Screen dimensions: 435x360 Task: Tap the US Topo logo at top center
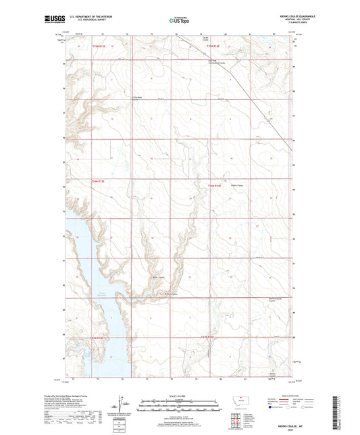pyautogui.click(x=179, y=21)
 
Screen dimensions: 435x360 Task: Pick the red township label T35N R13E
pyautogui.click(x=99, y=47)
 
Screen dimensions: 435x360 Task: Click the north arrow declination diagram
pyautogui.click(x=124, y=407)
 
